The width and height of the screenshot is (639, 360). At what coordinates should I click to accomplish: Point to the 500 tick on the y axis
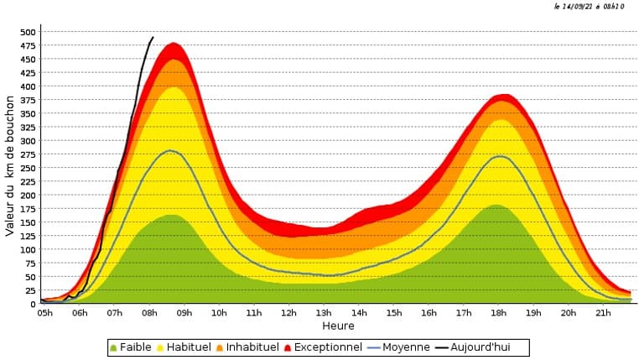point(28,32)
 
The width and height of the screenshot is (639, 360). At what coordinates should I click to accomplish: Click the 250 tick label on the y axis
point(28,168)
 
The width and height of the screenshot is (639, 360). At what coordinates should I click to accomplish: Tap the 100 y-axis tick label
point(28,249)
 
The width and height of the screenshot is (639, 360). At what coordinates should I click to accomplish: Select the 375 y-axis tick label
point(28,100)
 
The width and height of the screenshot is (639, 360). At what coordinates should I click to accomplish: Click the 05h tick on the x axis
point(44,313)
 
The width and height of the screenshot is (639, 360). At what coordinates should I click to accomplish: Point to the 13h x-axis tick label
point(324,313)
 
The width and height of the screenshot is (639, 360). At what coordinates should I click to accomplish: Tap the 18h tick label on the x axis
point(498,313)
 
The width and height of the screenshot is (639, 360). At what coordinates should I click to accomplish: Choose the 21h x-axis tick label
point(603,313)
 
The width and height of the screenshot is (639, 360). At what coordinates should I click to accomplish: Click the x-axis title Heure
point(338,326)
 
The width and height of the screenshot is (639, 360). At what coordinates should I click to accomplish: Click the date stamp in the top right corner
point(589,7)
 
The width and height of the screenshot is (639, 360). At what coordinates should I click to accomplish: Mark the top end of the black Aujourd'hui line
point(153,37)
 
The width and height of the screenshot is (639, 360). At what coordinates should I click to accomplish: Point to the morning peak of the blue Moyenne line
point(170,151)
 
